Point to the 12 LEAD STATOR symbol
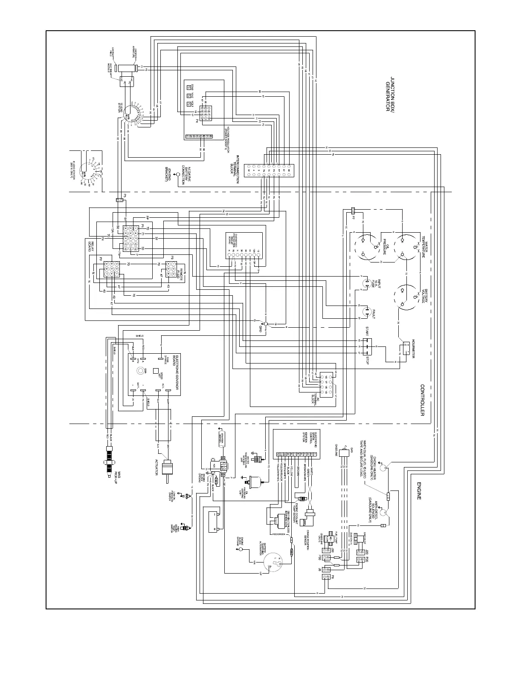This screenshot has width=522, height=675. [x=130, y=113]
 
